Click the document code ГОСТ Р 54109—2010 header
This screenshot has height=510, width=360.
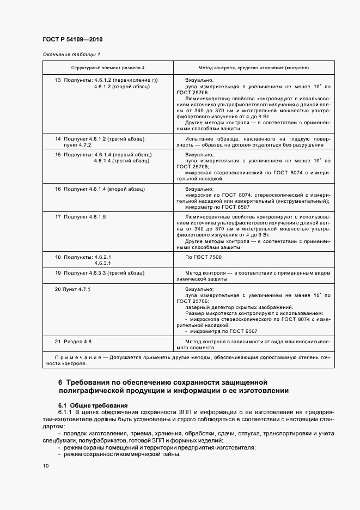click(72, 40)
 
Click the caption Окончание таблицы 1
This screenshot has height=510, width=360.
click(71, 54)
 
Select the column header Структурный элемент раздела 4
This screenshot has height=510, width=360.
click(108, 68)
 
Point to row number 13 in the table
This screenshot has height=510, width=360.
click(58, 80)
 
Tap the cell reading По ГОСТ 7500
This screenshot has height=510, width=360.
click(204, 256)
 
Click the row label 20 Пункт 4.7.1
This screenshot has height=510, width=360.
click(72, 289)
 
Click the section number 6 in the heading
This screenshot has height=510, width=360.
click(61, 382)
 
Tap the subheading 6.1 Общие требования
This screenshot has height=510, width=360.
click(93, 405)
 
